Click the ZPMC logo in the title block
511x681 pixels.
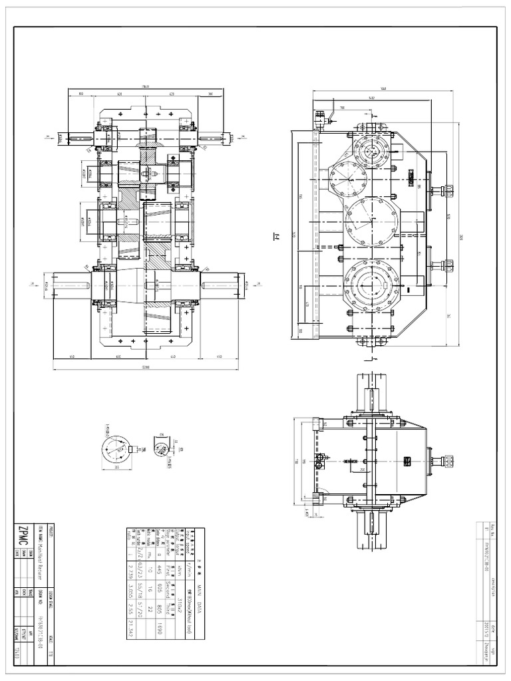(x=23, y=533)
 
